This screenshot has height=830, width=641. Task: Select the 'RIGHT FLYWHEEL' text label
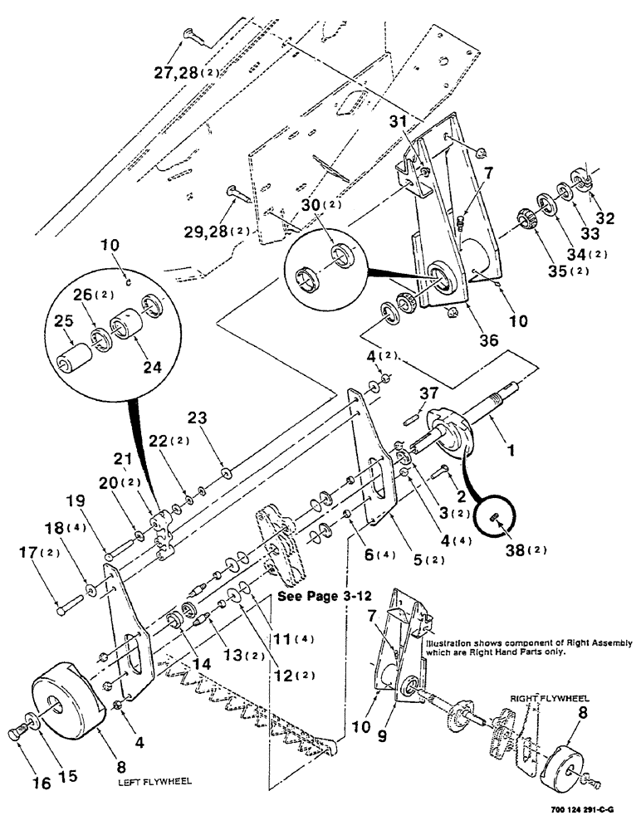(543, 700)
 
